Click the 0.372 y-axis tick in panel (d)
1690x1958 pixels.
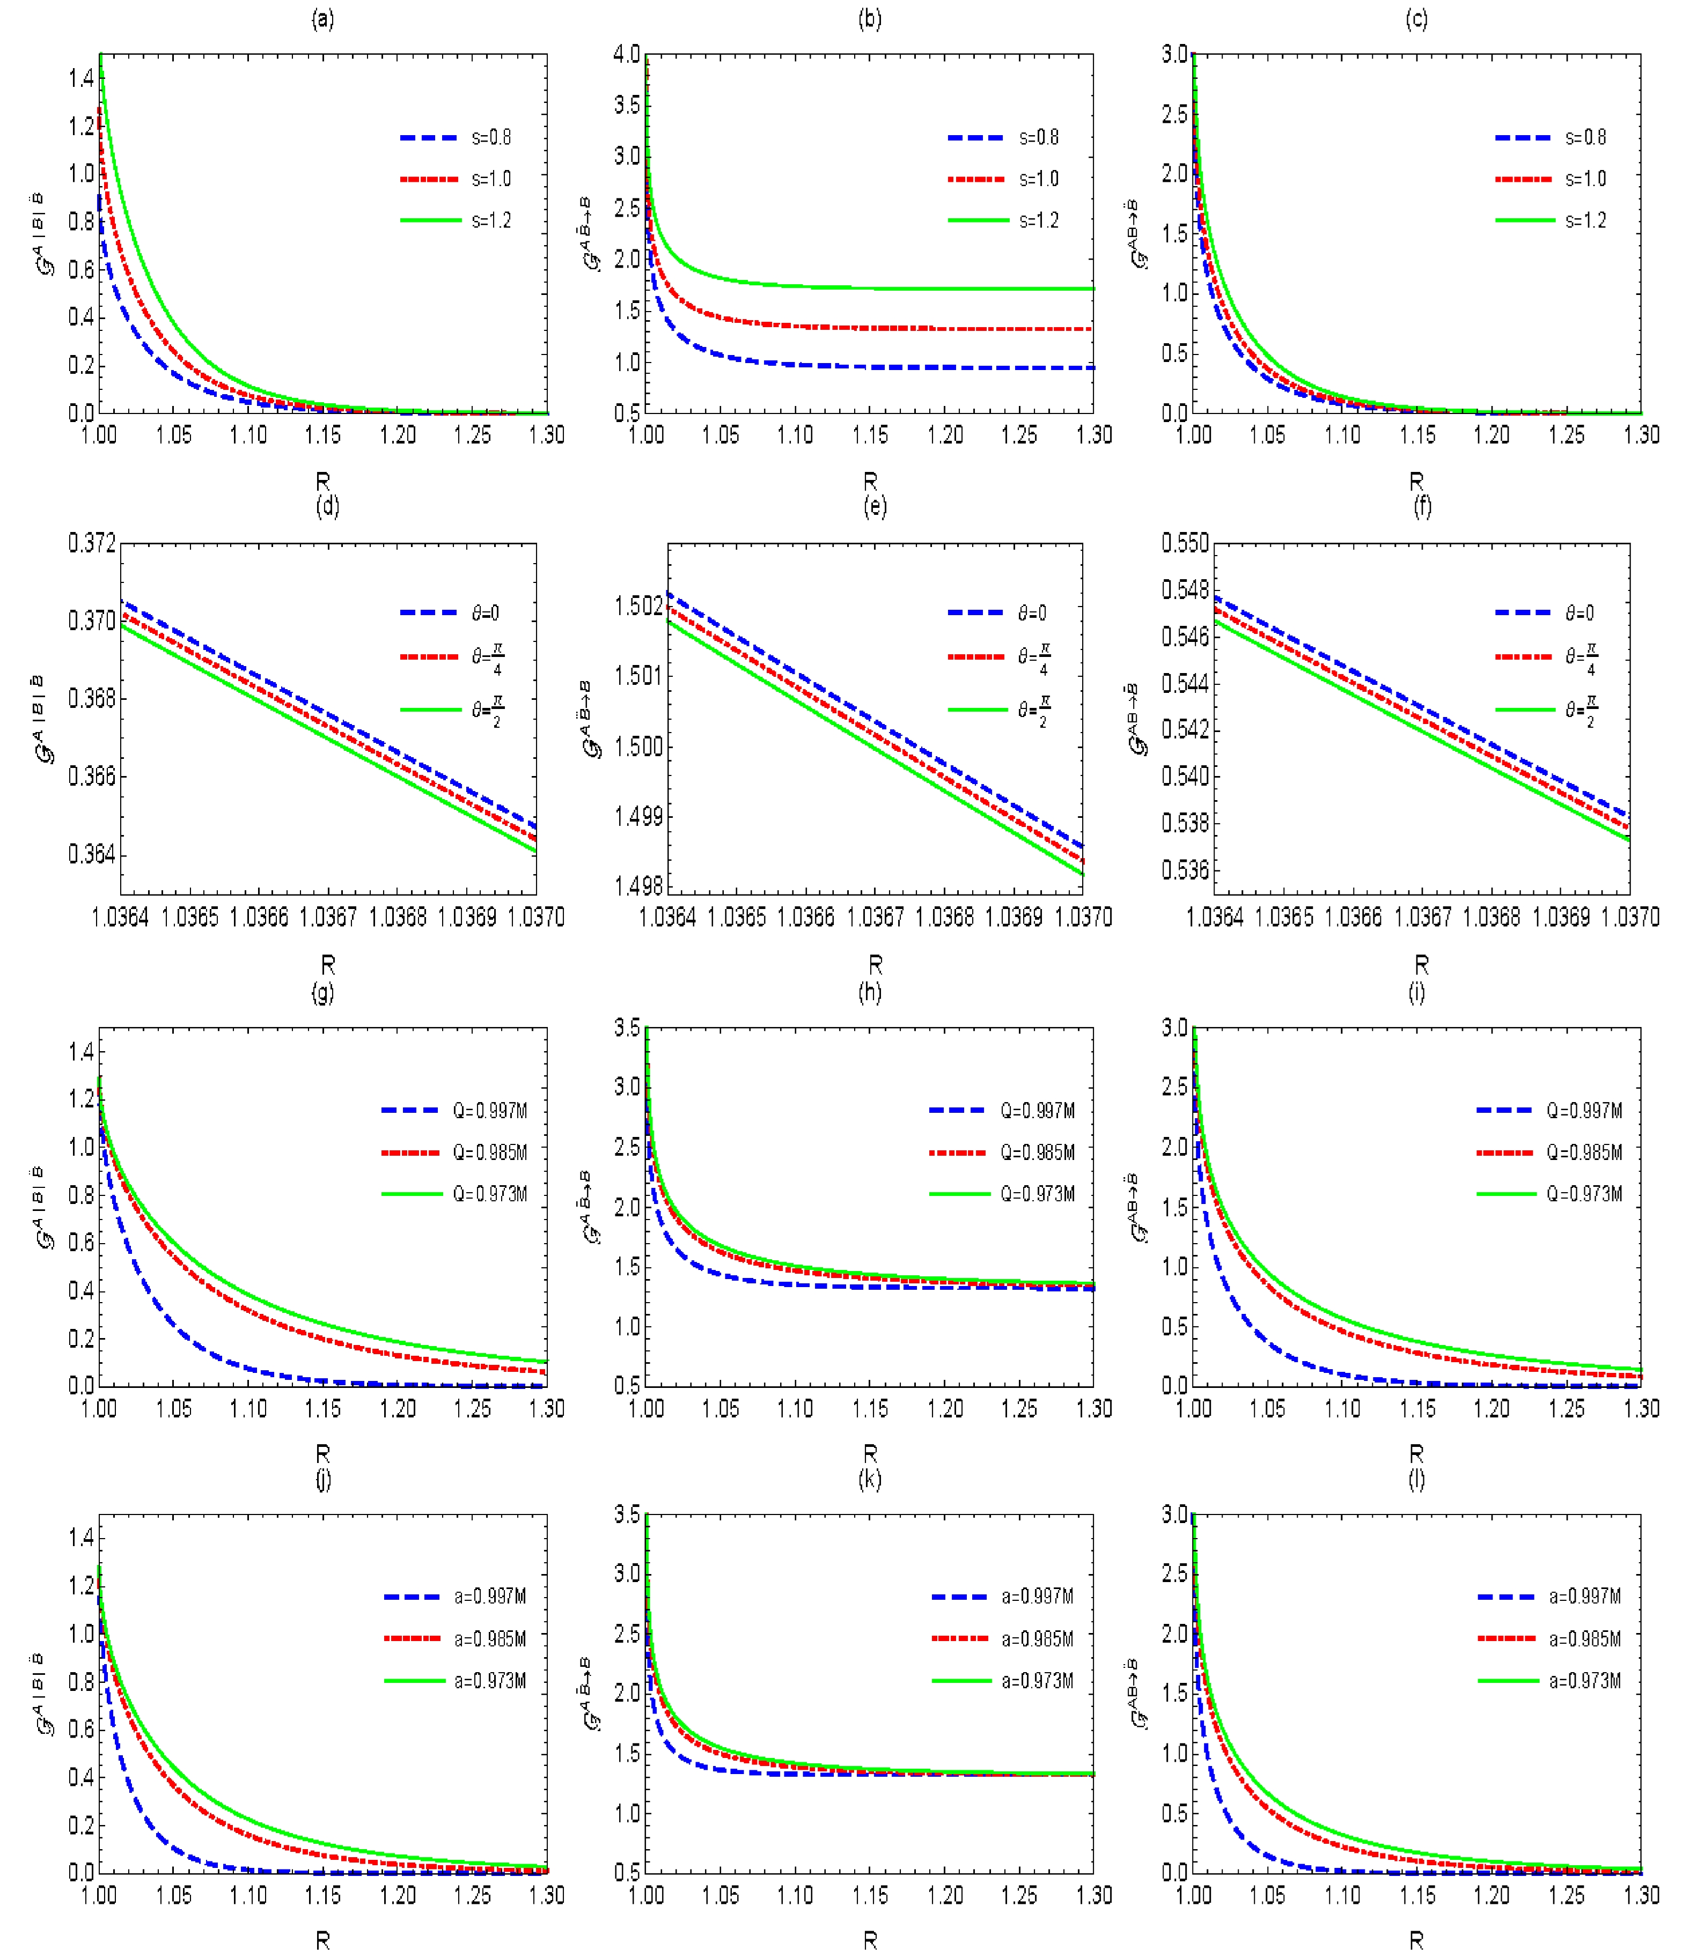[92, 543]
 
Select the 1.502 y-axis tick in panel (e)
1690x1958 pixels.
[639, 605]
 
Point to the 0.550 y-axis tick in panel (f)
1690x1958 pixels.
[1185, 543]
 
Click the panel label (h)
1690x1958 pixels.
[870, 992]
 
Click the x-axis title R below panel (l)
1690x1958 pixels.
[1416, 1940]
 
